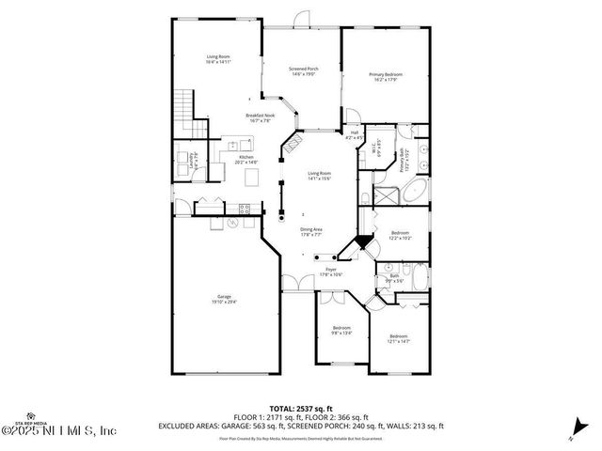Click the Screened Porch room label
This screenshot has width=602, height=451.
tap(302, 71)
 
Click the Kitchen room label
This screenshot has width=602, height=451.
tap(246, 160)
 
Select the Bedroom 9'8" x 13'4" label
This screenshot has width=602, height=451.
tap(341, 330)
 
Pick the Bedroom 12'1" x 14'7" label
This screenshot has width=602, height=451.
tap(399, 338)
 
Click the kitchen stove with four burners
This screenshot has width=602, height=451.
tap(249, 207)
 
